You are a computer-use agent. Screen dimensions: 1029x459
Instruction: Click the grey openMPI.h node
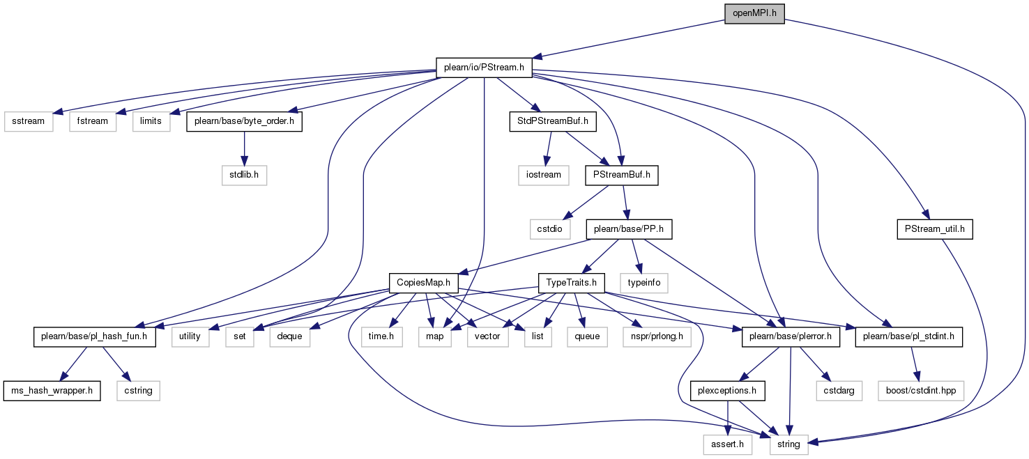click(754, 14)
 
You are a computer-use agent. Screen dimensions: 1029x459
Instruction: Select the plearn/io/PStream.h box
click(484, 68)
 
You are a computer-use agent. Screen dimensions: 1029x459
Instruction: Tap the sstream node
click(29, 122)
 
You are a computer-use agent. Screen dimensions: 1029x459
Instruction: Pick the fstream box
click(92, 122)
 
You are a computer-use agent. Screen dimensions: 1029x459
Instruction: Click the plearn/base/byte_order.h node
click(245, 122)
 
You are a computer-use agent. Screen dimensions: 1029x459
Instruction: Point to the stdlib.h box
click(244, 176)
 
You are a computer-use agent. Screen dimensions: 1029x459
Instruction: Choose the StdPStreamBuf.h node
click(553, 122)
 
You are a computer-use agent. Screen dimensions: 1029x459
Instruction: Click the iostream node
click(544, 176)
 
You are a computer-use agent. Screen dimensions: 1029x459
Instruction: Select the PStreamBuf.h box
click(622, 176)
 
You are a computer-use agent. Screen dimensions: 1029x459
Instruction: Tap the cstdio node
click(550, 229)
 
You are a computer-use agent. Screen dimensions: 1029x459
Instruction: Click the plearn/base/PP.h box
click(629, 229)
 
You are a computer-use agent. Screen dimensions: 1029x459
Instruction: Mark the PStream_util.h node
click(935, 229)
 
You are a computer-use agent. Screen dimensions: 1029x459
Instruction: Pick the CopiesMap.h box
click(424, 283)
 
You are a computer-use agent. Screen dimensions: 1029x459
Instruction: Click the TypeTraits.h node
click(571, 283)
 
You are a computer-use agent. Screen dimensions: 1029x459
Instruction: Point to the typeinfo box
click(644, 283)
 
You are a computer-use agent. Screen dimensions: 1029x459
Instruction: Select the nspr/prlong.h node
click(657, 337)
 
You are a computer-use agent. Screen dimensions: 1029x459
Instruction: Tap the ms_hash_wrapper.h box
click(52, 391)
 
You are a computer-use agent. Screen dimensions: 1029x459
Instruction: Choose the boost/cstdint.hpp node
click(921, 391)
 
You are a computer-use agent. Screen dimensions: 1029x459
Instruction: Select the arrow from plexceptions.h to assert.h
click(728, 418)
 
